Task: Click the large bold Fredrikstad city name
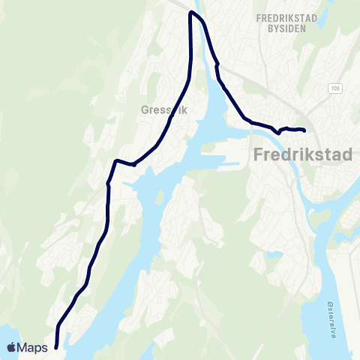(301, 157)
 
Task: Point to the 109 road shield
(334, 88)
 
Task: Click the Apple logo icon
(13, 347)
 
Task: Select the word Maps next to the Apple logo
(34, 348)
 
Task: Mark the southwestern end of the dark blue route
(56, 346)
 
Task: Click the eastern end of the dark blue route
(304, 130)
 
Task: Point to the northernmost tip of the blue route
(193, 13)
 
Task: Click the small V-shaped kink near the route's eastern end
(277, 132)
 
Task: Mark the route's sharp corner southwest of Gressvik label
(115, 160)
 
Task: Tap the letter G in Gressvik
(145, 109)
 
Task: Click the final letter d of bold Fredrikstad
(352, 157)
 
